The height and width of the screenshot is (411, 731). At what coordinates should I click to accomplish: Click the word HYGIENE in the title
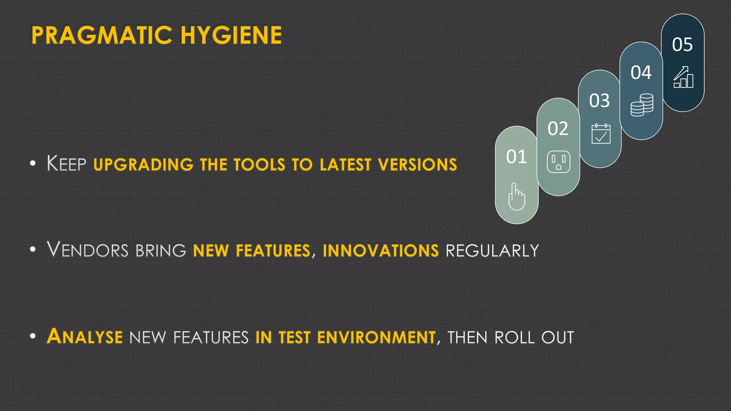[231, 35]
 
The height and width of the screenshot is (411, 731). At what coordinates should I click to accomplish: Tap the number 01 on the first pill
[516, 157]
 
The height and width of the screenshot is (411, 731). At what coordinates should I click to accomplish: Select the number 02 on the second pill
[558, 128]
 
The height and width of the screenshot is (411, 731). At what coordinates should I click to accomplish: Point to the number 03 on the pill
[599, 101]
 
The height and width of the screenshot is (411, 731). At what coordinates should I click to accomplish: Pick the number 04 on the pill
[641, 72]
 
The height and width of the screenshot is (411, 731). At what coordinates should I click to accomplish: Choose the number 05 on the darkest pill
[682, 45]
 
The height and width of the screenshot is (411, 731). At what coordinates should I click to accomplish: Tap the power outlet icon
[558, 162]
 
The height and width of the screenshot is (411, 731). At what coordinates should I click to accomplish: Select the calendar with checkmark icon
[601, 134]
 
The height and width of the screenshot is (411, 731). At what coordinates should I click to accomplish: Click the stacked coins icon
[642, 105]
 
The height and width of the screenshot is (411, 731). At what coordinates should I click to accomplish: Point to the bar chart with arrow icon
[683, 77]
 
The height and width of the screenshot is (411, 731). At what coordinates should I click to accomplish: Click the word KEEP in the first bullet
[66, 164]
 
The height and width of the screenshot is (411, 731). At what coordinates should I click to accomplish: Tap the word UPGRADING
[143, 164]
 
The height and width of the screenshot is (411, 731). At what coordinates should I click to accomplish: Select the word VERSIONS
[417, 164]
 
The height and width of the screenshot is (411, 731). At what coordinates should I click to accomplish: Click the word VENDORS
[88, 250]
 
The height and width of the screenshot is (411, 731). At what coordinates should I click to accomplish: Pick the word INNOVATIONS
[380, 250]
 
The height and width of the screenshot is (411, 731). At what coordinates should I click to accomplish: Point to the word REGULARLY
[492, 250]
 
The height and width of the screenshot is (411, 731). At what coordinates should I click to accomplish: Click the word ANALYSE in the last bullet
[85, 337]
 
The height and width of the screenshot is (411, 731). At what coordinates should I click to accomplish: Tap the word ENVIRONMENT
[376, 338]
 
